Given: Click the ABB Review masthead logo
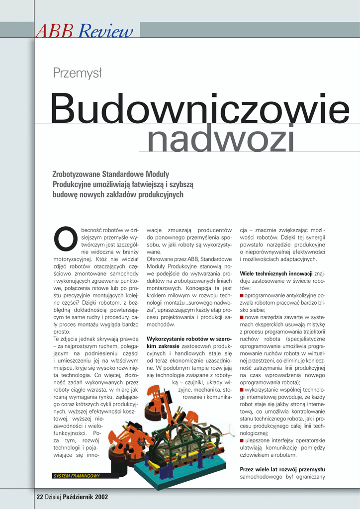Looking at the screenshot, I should click(x=85, y=31).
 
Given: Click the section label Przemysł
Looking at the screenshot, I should click(x=77, y=74).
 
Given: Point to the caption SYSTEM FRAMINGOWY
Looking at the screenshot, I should click(x=76, y=476).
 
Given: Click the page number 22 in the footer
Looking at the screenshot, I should click(x=40, y=496).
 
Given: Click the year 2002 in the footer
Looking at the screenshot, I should click(x=101, y=496).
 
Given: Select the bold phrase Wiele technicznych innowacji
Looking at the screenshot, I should click(x=276, y=273).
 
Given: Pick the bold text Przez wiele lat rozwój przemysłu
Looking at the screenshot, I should click(x=282, y=469).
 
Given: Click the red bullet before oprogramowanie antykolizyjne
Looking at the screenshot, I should click(x=242, y=295).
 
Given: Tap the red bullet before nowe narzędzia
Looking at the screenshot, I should click(x=242, y=317).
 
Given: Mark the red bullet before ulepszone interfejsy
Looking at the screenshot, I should click(x=242, y=440).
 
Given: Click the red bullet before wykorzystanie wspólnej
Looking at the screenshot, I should click(x=242, y=390).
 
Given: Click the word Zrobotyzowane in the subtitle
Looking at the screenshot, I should click(x=76, y=174).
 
